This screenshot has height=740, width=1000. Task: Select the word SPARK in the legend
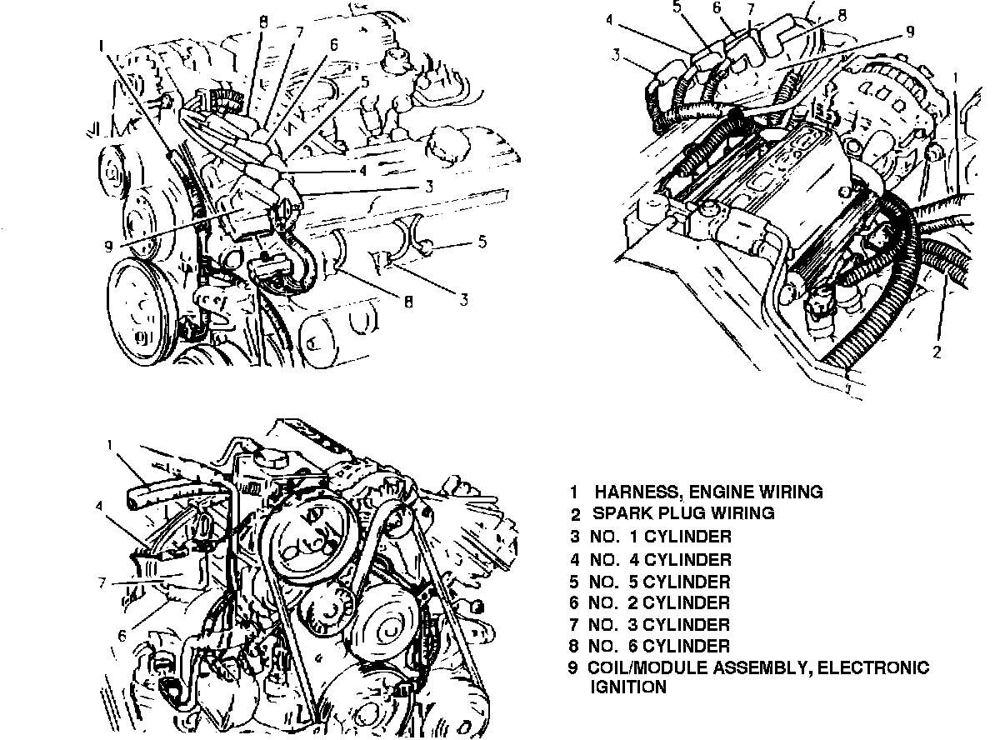click(x=619, y=513)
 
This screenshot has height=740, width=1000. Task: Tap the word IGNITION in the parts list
click(x=627, y=687)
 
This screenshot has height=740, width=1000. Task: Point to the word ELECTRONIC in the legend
click(x=882, y=667)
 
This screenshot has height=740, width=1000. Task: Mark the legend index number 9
click(x=573, y=667)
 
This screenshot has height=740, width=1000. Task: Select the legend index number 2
click(x=575, y=513)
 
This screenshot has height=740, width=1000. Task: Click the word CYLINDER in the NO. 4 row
click(x=687, y=559)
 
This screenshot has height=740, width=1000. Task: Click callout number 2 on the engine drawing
click(x=937, y=352)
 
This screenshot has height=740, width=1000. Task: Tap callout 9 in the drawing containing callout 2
click(x=910, y=32)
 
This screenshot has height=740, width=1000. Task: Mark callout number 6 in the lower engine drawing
click(x=122, y=635)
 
